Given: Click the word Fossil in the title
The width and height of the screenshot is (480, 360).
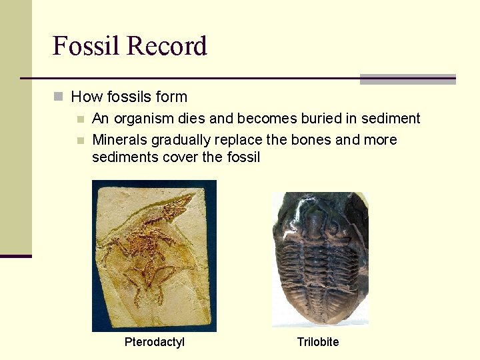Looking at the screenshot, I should [x=86, y=46].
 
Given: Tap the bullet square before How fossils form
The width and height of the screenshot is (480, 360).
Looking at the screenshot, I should [x=59, y=97].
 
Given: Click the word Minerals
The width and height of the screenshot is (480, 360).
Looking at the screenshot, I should [x=119, y=140].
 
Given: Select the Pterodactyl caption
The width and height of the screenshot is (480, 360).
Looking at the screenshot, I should [x=155, y=342].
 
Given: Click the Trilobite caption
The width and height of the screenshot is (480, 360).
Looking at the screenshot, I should [x=318, y=342].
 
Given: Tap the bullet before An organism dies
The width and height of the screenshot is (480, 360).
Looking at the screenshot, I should [x=81, y=119].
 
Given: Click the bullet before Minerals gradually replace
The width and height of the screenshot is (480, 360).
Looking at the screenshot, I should [x=81, y=141].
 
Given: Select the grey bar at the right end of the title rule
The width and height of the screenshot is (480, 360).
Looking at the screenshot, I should [x=407, y=79].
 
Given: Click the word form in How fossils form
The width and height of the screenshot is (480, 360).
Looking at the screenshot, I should [x=172, y=97].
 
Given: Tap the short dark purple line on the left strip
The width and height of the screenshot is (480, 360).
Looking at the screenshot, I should [x=15, y=255].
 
